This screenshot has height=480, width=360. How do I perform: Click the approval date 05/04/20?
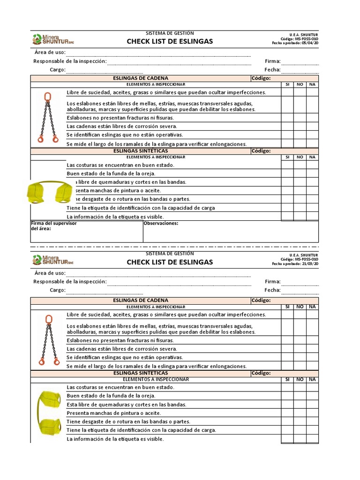(x=310, y=43)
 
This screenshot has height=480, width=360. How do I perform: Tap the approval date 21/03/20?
(x=310, y=264)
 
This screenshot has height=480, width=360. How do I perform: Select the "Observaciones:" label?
(x=161, y=224)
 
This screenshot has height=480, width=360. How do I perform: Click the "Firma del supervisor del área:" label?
(x=53, y=226)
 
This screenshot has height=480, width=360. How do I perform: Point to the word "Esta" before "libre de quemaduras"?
(x=72, y=405)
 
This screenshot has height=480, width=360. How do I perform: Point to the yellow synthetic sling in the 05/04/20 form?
(x=48, y=192)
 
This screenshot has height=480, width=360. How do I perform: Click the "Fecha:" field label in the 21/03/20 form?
(x=272, y=290)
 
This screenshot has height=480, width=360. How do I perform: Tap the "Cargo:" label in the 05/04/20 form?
(x=58, y=70)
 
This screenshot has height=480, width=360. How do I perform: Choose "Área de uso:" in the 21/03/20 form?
(x=50, y=273)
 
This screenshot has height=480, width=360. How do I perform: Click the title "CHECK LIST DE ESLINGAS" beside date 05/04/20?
(x=170, y=41)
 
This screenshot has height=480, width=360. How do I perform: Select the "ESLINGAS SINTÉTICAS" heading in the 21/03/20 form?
(x=141, y=373)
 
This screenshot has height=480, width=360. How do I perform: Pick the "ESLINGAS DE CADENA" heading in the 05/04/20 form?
(x=141, y=78)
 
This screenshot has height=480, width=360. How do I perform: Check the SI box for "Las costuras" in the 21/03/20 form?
(x=287, y=388)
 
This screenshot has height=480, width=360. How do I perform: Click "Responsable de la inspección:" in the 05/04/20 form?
(x=70, y=61)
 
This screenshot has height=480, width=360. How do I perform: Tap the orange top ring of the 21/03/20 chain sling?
(x=47, y=320)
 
